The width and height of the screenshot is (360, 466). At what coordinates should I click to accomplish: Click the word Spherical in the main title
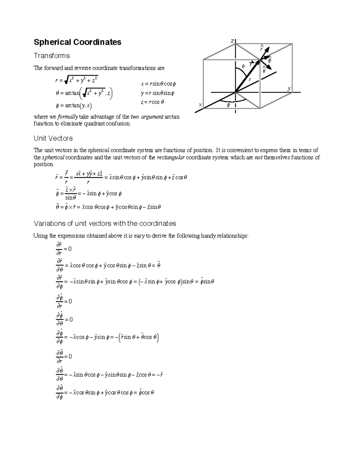pos(52,42)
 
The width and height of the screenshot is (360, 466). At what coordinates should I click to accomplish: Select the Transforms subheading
pos(52,56)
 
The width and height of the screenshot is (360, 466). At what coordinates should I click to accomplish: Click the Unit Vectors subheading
pos(53,138)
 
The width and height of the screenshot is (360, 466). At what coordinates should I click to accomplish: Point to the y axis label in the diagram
pos(289,89)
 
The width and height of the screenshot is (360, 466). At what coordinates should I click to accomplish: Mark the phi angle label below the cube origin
pos(228,105)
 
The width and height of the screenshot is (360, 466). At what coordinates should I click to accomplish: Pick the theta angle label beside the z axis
pos(243,66)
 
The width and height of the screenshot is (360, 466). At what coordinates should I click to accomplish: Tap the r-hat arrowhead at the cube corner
pos(268,49)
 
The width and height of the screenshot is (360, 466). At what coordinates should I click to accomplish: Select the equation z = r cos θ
pos(152,102)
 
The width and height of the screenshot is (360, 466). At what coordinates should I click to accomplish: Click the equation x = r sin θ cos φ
pos(158,84)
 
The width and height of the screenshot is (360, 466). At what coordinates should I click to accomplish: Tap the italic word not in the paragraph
pos(258,158)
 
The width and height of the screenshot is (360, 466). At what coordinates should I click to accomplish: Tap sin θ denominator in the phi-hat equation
pos(71,198)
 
